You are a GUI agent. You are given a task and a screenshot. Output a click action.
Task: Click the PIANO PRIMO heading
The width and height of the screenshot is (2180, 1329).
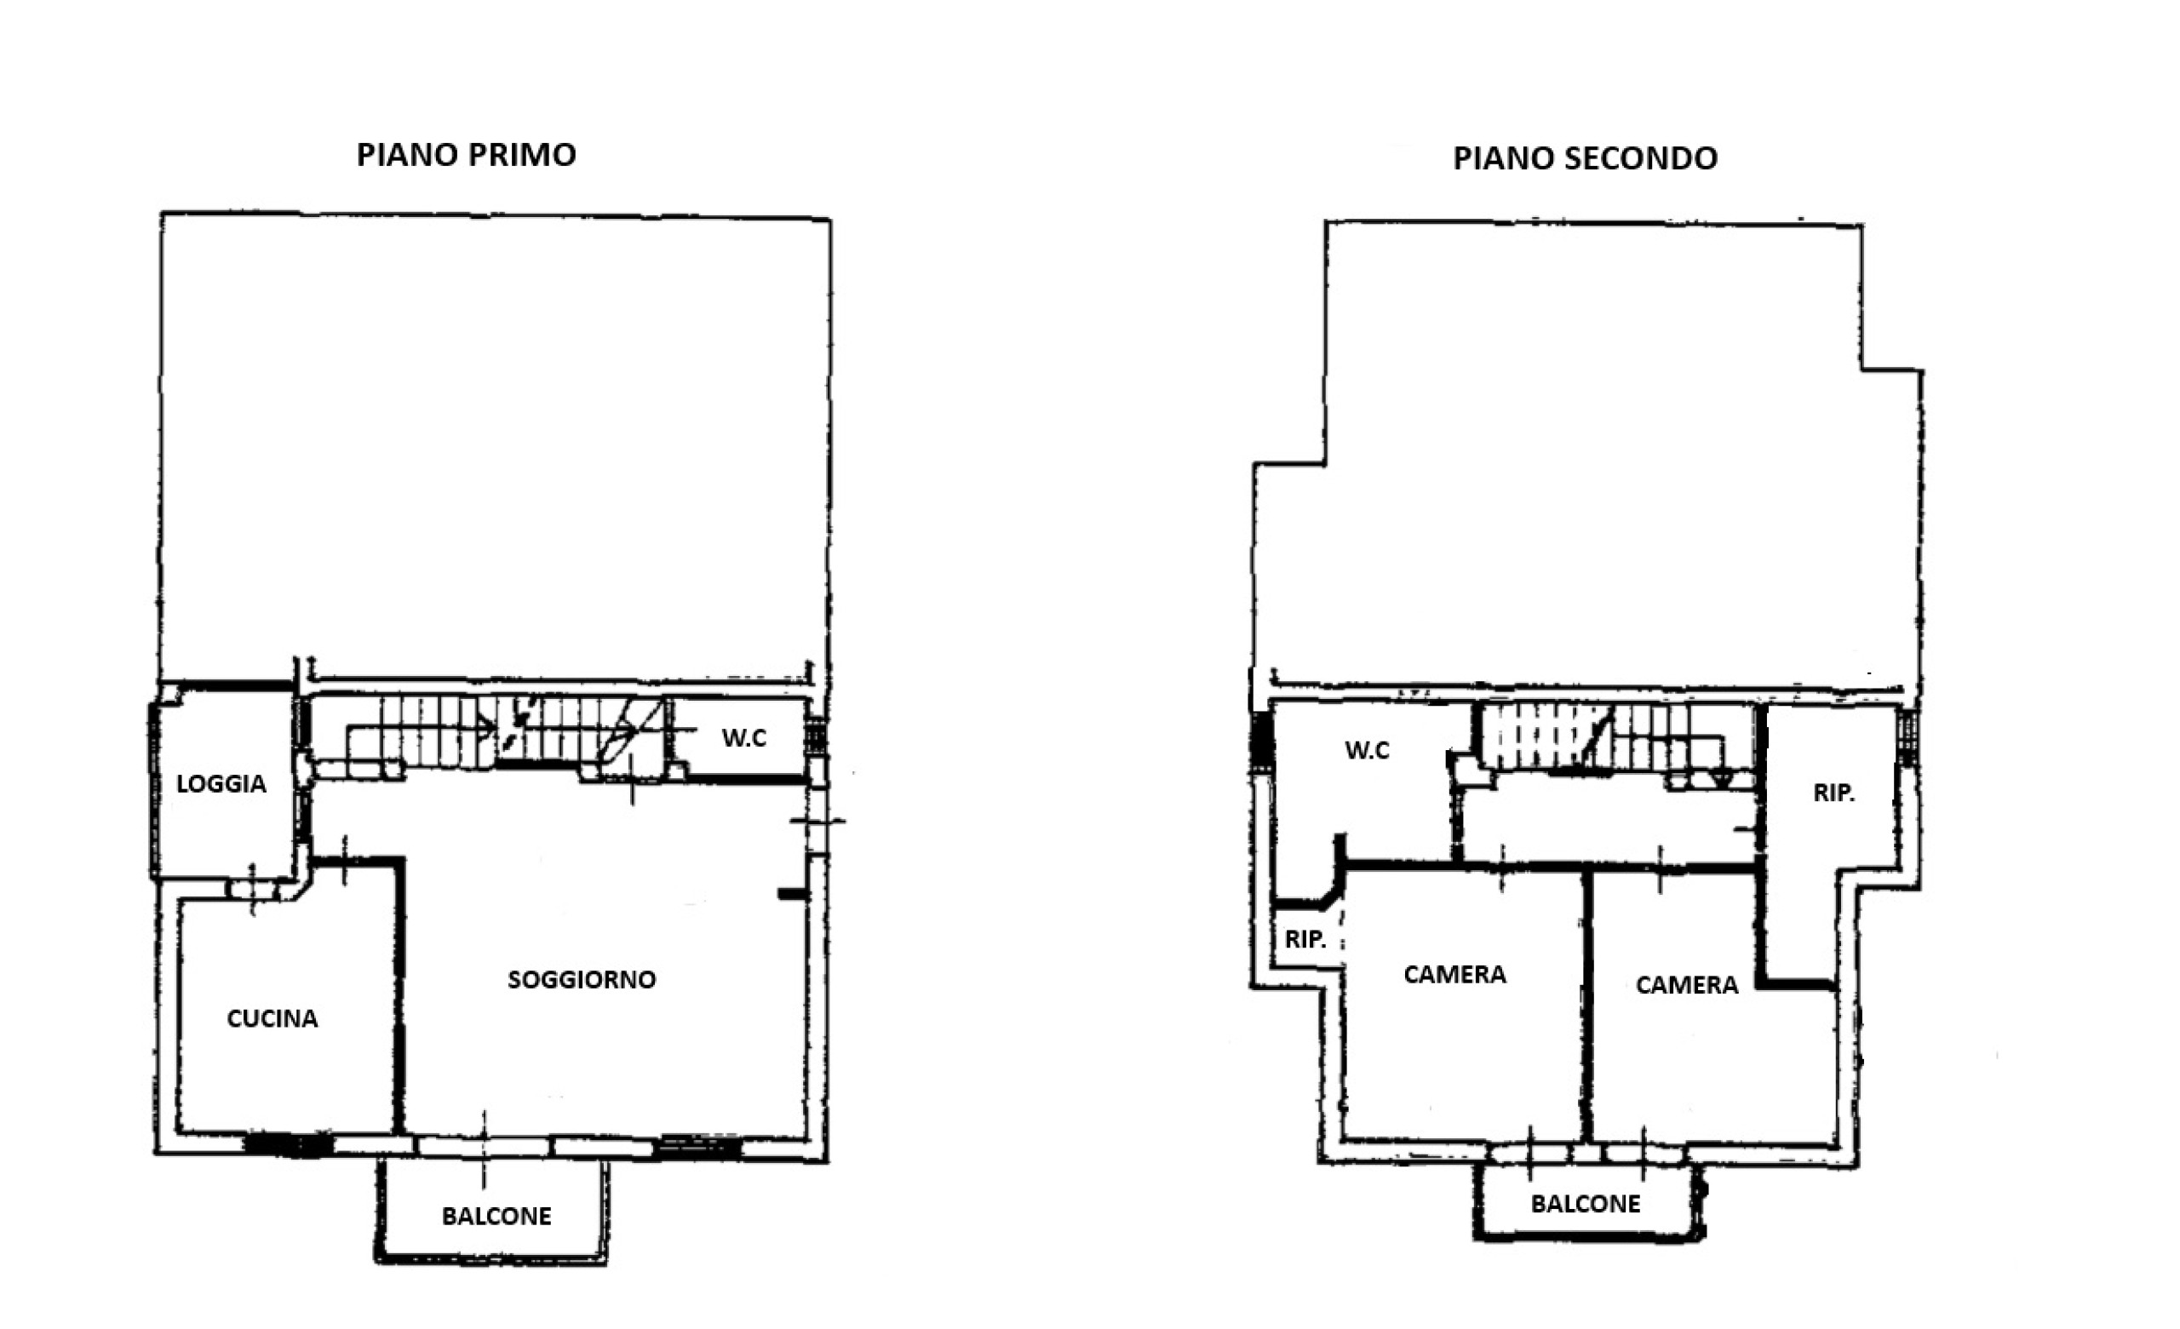tap(467, 155)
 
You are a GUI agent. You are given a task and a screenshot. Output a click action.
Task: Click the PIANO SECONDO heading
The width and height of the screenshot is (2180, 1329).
tap(1586, 158)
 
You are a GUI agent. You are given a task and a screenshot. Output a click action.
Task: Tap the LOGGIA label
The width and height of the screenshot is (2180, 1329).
tap(221, 784)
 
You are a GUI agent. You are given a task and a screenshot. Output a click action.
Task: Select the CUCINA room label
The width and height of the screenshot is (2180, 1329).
tap(272, 1018)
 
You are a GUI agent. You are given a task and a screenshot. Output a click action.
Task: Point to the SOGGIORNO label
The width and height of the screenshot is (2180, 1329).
tap(582, 979)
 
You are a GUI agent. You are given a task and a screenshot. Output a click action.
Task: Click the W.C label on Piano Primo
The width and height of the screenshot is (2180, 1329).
tap(744, 738)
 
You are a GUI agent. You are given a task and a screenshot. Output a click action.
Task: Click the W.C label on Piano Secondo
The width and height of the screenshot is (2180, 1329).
tap(1367, 750)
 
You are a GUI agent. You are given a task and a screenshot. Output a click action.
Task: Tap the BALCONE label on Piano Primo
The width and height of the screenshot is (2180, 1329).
tap(496, 1217)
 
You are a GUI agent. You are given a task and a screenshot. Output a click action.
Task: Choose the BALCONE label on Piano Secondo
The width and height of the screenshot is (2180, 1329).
tap(1586, 1204)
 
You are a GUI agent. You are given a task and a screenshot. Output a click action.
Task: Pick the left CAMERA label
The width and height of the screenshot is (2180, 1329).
tap(1454, 974)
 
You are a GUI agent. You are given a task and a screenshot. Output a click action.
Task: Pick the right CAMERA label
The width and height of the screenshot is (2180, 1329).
tap(1686, 985)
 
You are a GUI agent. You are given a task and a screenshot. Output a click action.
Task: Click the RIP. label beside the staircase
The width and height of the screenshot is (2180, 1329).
tap(1834, 793)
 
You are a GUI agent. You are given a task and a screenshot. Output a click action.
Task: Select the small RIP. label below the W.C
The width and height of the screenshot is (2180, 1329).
tap(1305, 940)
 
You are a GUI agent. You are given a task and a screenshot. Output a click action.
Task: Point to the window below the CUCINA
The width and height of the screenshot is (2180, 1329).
tap(288, 1145)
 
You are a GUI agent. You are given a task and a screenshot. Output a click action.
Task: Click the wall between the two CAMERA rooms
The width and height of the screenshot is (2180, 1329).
tap(1587, 1005)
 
